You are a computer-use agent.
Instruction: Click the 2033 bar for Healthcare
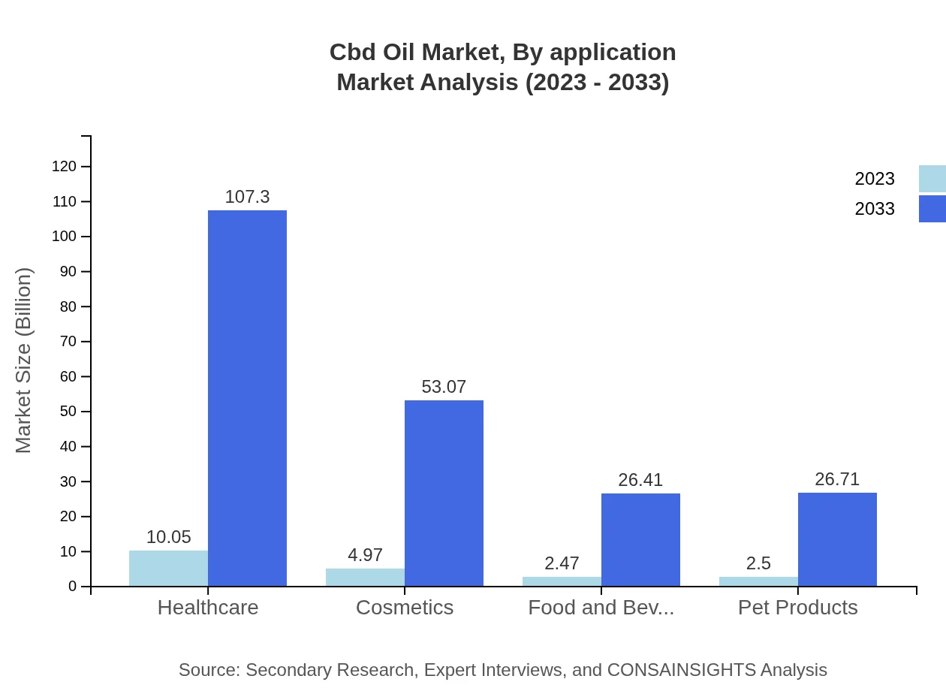247,398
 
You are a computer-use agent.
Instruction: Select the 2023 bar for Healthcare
168,569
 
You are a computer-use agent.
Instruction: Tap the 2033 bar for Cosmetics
444,493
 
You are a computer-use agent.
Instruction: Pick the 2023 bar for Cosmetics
365,578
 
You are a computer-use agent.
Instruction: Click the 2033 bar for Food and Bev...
640,540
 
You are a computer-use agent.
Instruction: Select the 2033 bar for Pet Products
837,539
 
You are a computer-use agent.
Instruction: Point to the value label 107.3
247,197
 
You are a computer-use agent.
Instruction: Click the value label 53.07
444,387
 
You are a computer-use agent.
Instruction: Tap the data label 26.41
640,480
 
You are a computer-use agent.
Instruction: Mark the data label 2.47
562,563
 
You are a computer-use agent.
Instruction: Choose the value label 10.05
168,537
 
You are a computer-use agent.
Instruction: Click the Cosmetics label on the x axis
405,608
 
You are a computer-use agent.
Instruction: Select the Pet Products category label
797,608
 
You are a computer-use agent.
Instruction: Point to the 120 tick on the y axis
65,167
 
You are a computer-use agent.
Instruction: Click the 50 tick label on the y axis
68,412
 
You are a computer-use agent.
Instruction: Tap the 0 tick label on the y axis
73,587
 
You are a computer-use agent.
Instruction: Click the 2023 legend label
875,179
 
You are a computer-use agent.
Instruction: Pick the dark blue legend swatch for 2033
932,209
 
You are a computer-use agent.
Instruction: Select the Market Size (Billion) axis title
24,361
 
